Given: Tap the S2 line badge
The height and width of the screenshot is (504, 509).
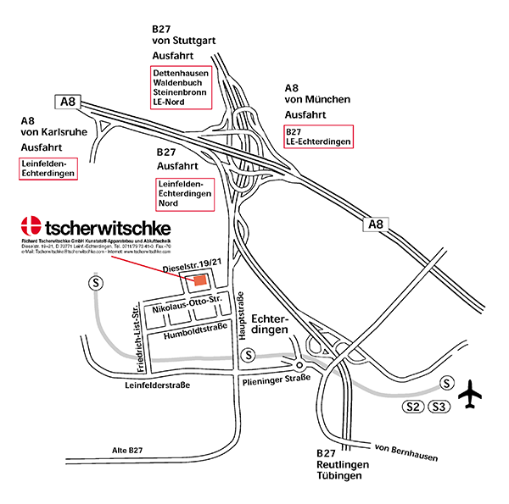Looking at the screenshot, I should [413, 408].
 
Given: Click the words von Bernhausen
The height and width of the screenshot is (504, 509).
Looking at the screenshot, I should [406, 451].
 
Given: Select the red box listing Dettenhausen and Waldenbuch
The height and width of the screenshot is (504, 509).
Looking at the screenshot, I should [182, 87].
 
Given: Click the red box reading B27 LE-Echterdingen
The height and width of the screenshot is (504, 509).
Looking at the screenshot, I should [317, 136].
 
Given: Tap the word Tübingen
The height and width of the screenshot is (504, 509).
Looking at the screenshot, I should [338, 476].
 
